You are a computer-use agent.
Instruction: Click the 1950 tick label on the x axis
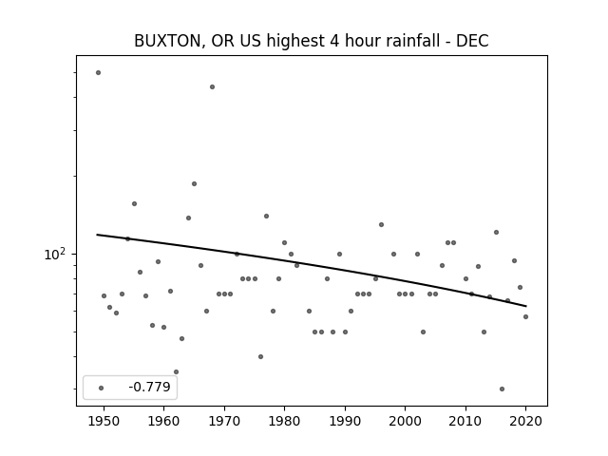tap(104, 421)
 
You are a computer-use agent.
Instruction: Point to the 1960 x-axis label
tap(163, 421)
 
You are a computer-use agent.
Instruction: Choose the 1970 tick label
tap(224, 421)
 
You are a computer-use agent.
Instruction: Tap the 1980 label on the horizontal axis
tap(284, 421)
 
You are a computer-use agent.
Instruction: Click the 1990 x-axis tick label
tap(345, 421)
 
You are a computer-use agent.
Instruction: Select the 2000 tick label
tap(406, 421)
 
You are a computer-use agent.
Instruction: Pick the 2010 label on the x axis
tap(465, 421)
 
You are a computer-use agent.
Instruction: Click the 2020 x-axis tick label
tap(525, 421)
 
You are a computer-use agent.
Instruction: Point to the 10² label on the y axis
tap(55, 254)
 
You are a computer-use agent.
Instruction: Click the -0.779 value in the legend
tap(150, 387)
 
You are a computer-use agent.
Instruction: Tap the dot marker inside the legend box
tap(102, 388)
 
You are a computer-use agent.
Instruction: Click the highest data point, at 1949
tap(98, 72)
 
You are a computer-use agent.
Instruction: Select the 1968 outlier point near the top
tap(212, 86)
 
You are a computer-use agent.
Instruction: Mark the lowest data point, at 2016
tap(502, 389)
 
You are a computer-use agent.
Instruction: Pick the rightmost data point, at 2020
tap(525, 316)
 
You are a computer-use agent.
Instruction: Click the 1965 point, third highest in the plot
tap(194, 183)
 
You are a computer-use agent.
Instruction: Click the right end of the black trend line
tap(525, 306)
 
